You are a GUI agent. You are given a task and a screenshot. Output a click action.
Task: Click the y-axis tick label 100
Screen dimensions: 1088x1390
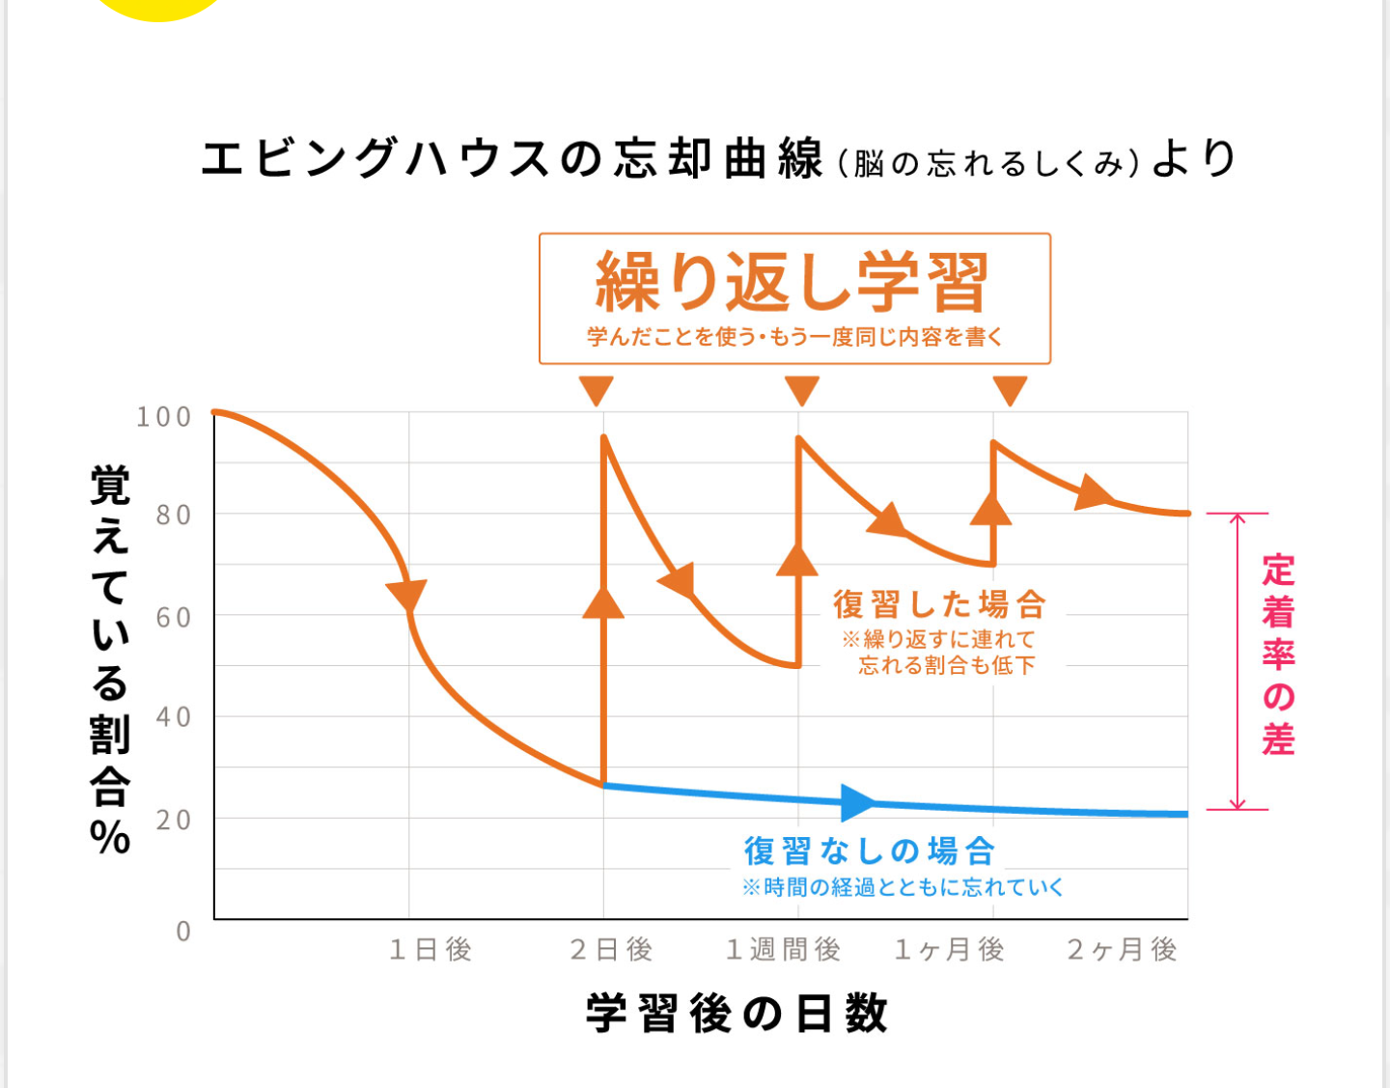pyautogui.click(x=163, y=417)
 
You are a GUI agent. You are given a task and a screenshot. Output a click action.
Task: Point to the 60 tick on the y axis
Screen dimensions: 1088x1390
pyautogui.click(x=174, y=617)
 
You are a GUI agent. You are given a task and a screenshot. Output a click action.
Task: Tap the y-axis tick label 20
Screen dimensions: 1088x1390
pyautogui.click(x=174, y=820)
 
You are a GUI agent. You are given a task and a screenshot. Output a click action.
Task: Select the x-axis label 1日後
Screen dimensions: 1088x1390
pyautogui.click(x=431, y=950)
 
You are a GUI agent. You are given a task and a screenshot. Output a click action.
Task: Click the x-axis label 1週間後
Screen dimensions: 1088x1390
pyautogui.click(x=783, y=950)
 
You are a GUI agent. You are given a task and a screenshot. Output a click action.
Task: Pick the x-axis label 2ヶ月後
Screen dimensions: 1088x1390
pyautogui.click(x=1122, y=950)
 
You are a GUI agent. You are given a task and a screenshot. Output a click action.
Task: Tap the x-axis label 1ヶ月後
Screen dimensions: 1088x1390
pyautogui.click(x=950, y=950)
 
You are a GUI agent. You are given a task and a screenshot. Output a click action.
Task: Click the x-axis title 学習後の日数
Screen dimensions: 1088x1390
pyautogui.click(x=737, y=1014)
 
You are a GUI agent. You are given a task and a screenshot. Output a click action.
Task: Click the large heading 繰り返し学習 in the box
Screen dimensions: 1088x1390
pyautogui.click(x=792, y=282)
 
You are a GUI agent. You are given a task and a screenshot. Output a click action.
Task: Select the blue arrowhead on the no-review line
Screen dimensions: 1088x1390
pyautogui.click(x=857, y=802)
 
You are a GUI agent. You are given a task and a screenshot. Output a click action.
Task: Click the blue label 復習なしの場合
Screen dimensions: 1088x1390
pyautogui.click(x=869, y=851)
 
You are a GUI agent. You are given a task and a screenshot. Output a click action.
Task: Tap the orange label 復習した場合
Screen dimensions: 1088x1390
pyautogui.click(x=939, y=604)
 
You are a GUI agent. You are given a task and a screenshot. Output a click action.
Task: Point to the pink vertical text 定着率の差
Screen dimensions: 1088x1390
pyautogui.click(x=1278, y=655)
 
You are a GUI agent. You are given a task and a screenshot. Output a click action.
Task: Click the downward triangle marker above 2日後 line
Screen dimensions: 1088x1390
pyautogui.click(x=597, y=391)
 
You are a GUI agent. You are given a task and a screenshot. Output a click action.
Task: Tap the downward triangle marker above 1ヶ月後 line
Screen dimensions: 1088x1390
pyautogui.click(x=1010, y=391)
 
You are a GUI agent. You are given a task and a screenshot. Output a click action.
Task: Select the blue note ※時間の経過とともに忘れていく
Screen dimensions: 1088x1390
pyautogui.click(x=902, y=887)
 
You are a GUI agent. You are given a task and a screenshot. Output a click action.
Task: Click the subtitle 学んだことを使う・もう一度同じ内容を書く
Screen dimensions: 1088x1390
pyautogui.click(x=794, y=337)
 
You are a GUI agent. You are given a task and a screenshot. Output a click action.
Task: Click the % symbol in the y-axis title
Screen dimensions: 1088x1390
pyautogui.click(x=110, y=837)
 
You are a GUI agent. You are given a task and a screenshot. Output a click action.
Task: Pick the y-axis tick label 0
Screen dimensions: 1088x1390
pyautogui.click(x=183, y=932)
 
